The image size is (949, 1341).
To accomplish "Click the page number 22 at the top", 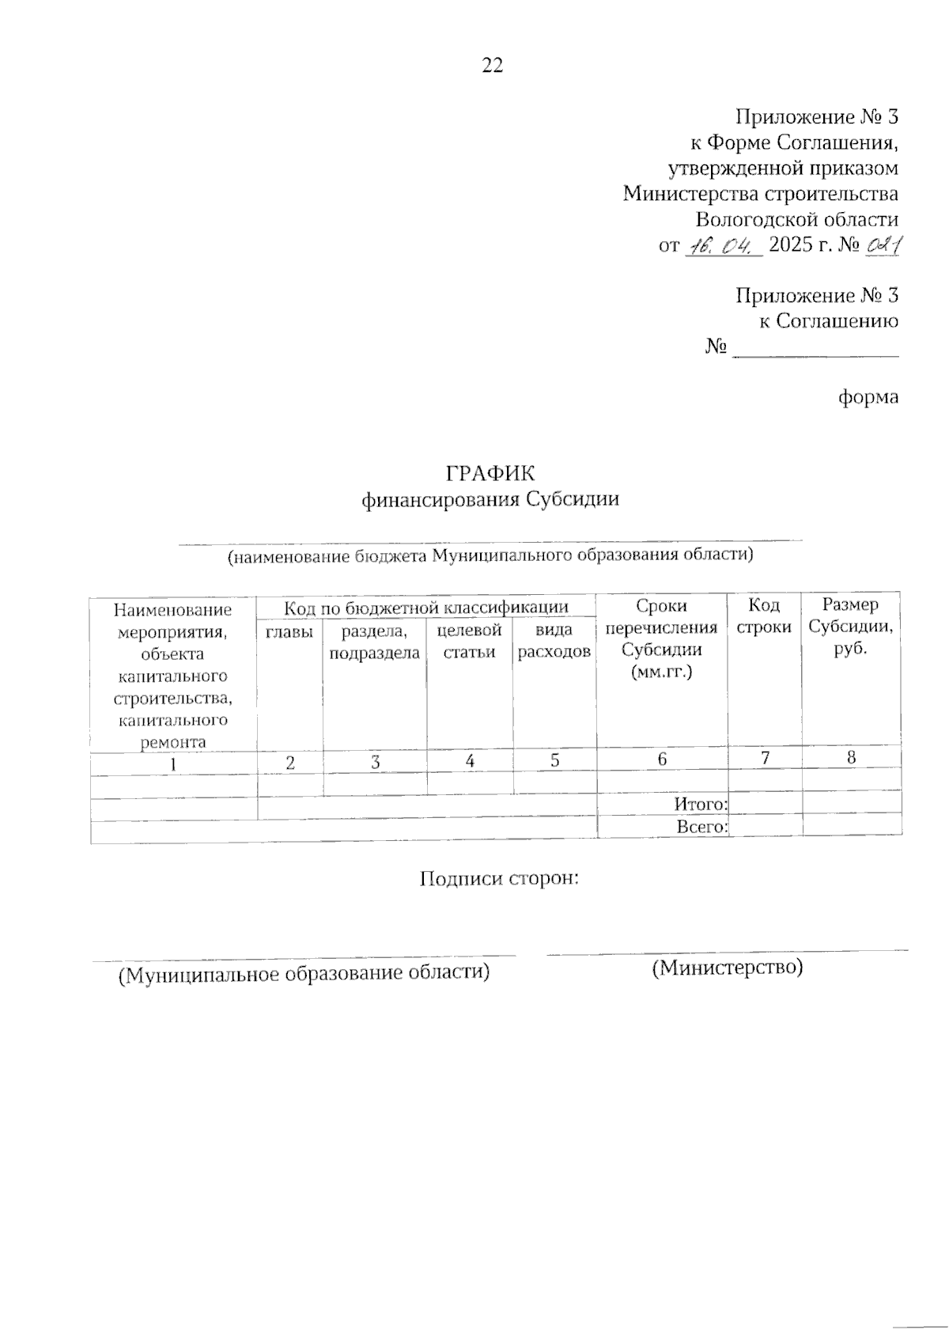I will pyautogui.click(x=492, y=66).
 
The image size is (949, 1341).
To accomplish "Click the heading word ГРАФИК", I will pyautogui.click(x=490, y=474).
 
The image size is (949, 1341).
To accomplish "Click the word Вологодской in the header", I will pyautogui.click(x=758, y=219).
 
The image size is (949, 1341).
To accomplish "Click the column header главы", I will pyautogui.click(x=289, y=631).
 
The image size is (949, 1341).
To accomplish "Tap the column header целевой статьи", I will pyautogui.click(x=470, y=642).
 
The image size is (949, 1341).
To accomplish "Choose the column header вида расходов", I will pyautogui.click(x=554, y=642).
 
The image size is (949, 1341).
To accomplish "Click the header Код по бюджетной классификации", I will pyautogui.click(x=426, y=608).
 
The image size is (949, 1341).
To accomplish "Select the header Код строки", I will pyautogui.click(x=764, y=616).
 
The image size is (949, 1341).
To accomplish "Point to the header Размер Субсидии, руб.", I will pyautogui.click(x=851, y=627).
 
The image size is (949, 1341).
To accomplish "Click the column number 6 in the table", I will pyautogui.click(x=662, y=760).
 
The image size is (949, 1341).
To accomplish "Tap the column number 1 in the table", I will pyautogui.click(x=173, y=763).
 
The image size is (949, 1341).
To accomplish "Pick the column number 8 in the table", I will pyautogui.click(x=851, y=757).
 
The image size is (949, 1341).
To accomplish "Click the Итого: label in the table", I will pyautogui.click(x=701, y=804).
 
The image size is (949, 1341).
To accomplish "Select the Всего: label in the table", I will pyautogui.click(x=701, y=827).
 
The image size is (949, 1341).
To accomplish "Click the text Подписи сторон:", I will pyautogui.click(x=500, y=879).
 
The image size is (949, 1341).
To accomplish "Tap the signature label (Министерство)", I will pyautogui.click(x=727, y=967).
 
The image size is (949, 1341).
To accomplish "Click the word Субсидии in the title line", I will pyautogui.click(x=572, y=499).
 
